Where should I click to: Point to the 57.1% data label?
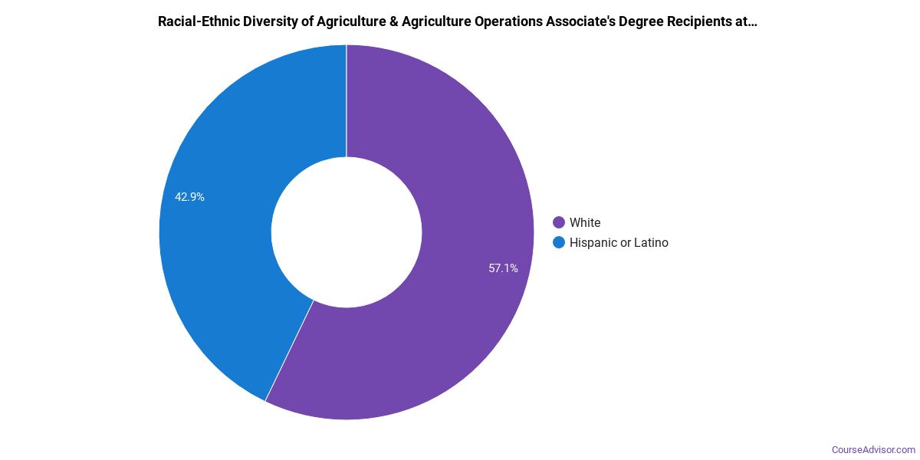coord(503,268)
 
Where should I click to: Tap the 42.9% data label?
coord(189,197)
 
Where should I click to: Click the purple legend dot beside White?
coord(559,222)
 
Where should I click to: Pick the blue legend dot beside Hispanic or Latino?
coord(559,242)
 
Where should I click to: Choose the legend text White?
coord(585,222)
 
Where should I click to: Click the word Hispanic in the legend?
coord(594,242)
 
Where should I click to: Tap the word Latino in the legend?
coord(651,242)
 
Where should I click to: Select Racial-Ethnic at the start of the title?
coord(196,21)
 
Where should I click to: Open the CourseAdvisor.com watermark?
coord(873,449)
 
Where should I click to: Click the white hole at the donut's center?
coord(347,232)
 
